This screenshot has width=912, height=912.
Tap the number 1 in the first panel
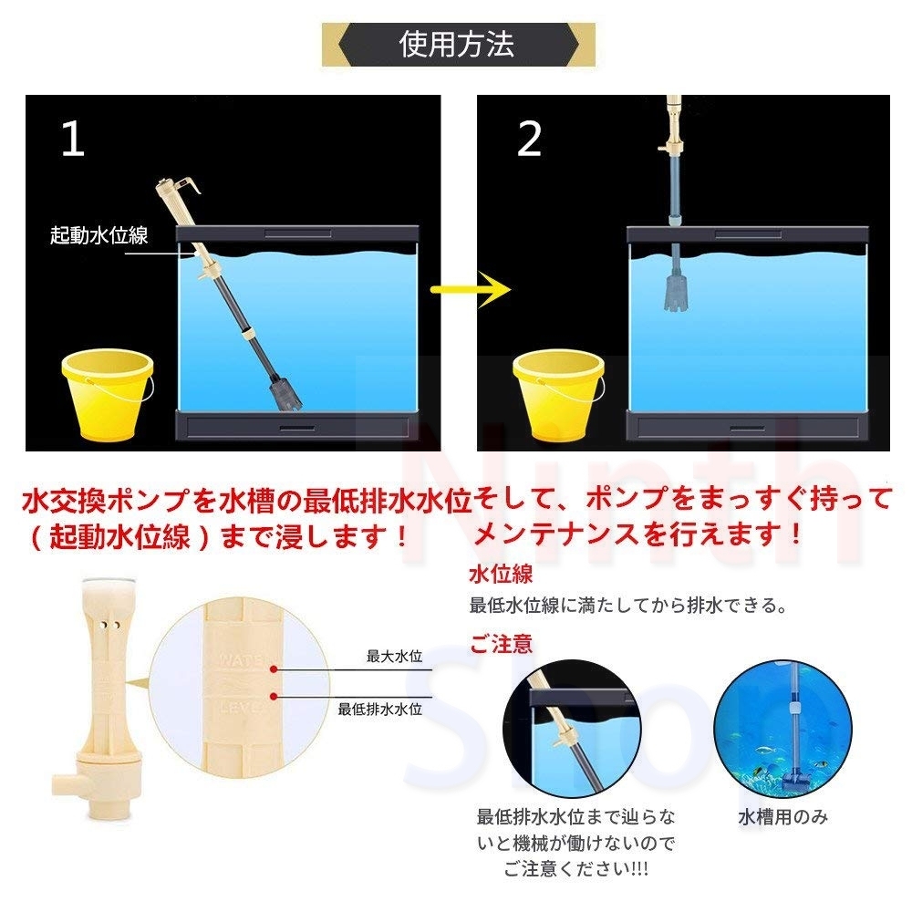tap(72, 139)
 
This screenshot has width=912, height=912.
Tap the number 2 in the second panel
tap(529, 139)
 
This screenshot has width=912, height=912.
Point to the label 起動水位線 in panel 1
tap(98, 235)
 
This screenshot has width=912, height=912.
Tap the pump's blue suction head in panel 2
tap(675, 290)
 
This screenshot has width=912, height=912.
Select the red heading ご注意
tap(501, 645)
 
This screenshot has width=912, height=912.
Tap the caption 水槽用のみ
tap(782, 817)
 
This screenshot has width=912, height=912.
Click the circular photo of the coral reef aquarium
tap(782, 730)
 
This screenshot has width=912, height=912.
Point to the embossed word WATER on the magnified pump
tap(243, 658)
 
